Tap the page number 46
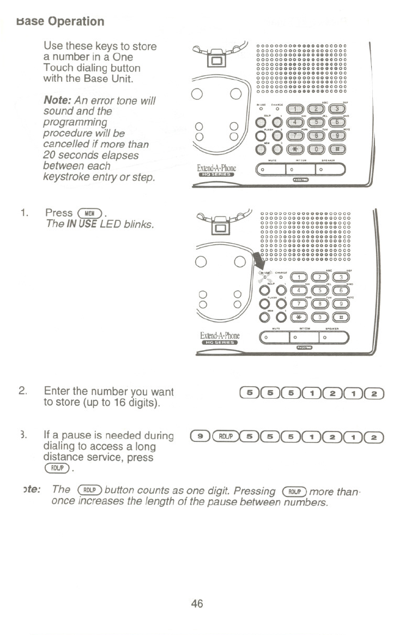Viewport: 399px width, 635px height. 197,603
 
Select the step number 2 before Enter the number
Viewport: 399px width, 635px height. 22,391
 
